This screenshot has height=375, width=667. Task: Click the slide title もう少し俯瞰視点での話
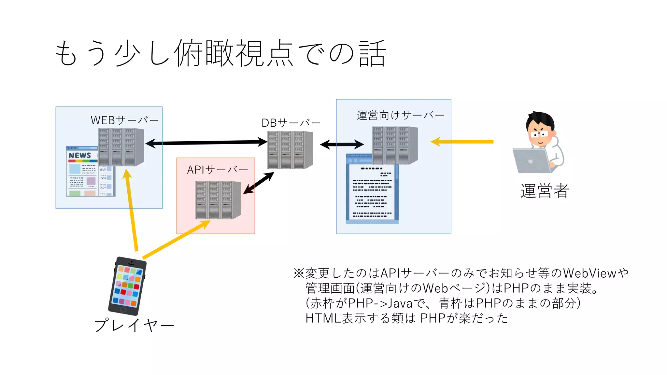pos(220,53)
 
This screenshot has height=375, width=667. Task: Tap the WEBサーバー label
pos(124,120)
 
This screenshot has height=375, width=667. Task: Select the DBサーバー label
pos(291,123)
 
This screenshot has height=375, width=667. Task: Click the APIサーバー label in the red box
pos(217,170)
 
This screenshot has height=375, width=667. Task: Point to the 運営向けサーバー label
pos(400,115)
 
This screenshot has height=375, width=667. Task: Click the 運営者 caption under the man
pos(544,191)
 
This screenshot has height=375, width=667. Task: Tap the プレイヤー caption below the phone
pos(134,325)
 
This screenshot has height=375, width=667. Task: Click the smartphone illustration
pos(127,286)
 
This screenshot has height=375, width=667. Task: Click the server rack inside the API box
pos(218,200)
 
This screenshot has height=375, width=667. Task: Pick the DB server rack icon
pos(290,150)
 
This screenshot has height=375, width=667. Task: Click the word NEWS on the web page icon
pos(80,155)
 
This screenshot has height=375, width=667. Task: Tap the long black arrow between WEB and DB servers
pos(207,143)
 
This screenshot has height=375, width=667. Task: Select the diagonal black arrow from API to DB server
pos(259,183)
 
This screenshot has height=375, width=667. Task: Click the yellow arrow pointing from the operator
pos(462,142)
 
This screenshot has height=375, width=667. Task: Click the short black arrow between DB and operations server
pos(342,144)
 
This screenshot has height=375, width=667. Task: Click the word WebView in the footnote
pos(589,273)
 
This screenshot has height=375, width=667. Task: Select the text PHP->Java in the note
pos(380,303)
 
